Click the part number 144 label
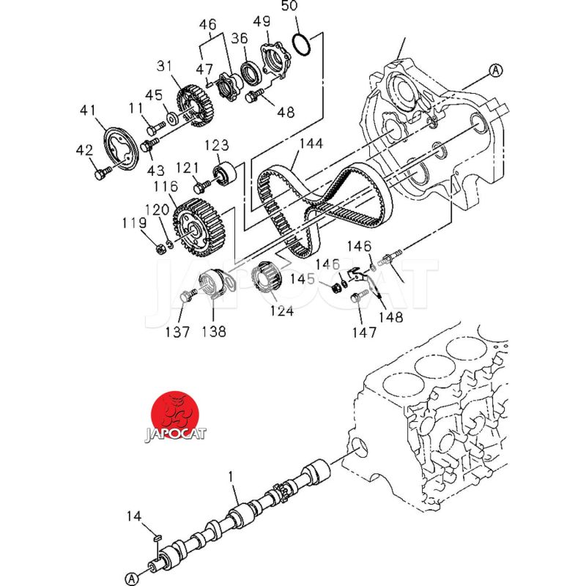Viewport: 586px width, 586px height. [x=311, y=144]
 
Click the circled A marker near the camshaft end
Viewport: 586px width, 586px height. [x=132, y=579]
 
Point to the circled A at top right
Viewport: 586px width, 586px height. [x=496, y=70]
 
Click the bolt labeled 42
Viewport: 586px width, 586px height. [x=102, y=173]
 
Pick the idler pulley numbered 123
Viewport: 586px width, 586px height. [x=225, y=174]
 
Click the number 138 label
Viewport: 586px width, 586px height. [x=214, y=332]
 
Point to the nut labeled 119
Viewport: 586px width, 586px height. [x=161, y=248]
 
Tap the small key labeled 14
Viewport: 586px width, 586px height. [x=157, y=538]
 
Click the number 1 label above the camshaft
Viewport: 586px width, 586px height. [x=231, y=477]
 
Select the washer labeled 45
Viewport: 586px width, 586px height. [x=172, y=118]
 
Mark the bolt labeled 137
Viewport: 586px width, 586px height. [x=188, y=294]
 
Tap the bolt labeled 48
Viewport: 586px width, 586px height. [x=254, y=95]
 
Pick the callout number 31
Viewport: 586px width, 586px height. [x=163, y=66]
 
